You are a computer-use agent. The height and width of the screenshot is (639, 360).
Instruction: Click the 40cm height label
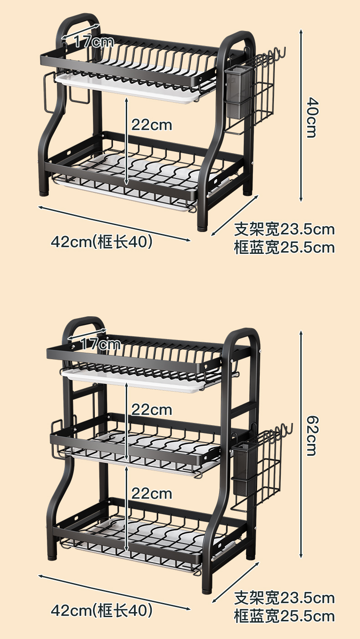tap(311, 117)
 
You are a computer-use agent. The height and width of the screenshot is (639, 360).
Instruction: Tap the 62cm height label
tap(311, 435)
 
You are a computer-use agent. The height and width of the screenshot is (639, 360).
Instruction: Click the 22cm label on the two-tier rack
tap(152, 124)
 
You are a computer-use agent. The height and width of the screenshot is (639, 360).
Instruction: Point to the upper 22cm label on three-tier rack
tap(152, 410)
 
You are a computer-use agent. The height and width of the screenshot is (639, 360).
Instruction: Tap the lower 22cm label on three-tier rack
tap(152, 493)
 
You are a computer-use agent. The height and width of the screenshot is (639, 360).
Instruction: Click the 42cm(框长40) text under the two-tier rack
tap(102, 242)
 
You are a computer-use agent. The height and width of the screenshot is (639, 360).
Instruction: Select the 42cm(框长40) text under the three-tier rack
tap(102, 610)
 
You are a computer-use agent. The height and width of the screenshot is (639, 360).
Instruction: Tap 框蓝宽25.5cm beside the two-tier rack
tap(284, 247)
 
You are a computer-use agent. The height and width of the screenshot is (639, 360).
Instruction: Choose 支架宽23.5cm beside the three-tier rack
tap(284, 598)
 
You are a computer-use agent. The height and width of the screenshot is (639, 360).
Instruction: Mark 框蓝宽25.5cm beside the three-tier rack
tap(284, 616)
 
